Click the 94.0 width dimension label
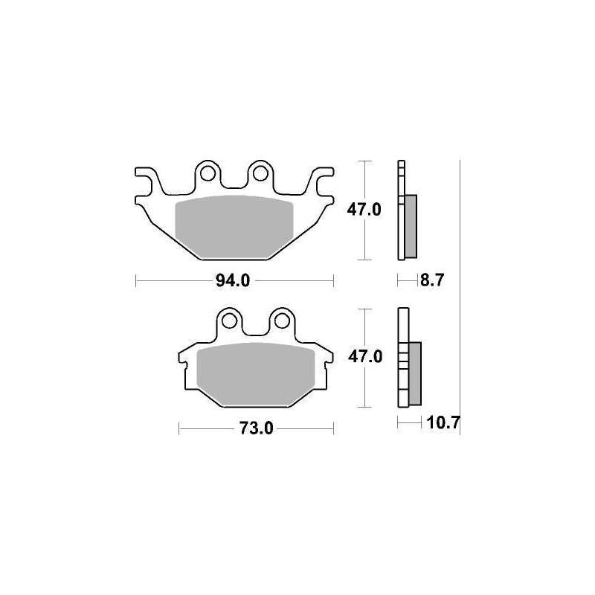233,281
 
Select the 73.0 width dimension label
256,428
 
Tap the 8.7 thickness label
432,280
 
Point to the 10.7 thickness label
443,422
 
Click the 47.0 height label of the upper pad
364,210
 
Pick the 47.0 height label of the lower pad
365,357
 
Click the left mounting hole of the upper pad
208,174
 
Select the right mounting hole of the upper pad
260,174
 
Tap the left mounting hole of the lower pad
229,321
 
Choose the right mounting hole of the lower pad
282,321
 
